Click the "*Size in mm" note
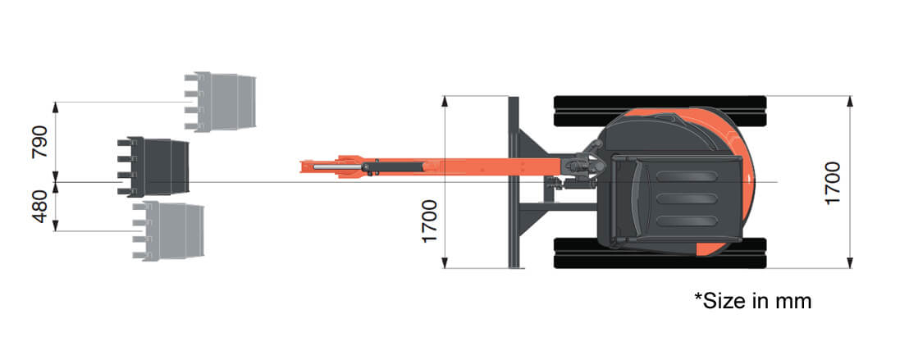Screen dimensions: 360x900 click(752, 301)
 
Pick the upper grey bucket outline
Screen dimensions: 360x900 click(221, 102)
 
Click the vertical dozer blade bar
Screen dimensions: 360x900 click(514, 182)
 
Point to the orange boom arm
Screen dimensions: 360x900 click(476, 166)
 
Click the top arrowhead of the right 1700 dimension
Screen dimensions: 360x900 click(851, 101)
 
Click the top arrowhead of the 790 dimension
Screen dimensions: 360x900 click(55, 107)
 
